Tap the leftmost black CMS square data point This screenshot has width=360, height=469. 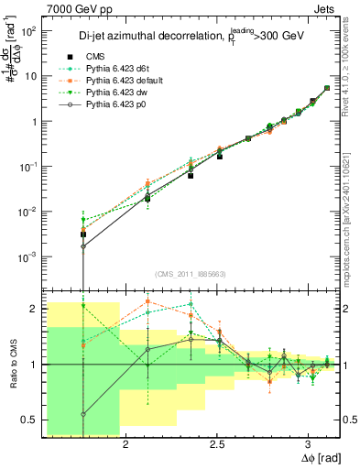point(83,234)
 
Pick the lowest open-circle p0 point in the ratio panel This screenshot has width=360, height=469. point(83,414)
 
